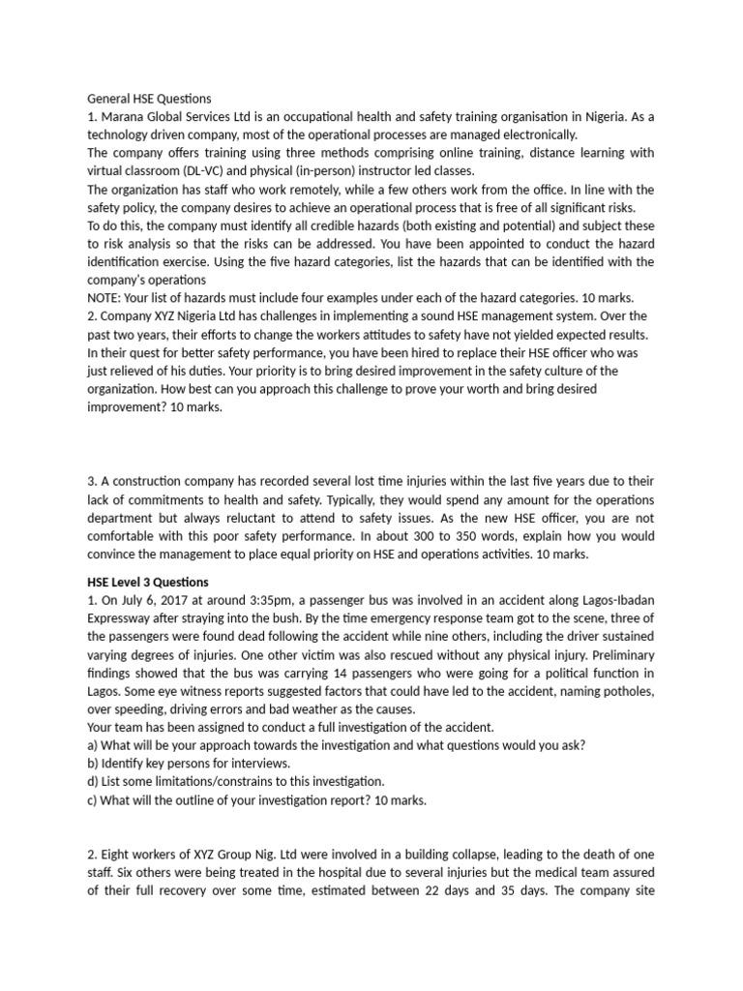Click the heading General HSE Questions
coord(150,99)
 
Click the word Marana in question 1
coord(127,117)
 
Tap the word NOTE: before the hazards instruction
coord(107,298)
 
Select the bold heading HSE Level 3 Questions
coord(155,582)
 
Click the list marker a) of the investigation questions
coord(94,745)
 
